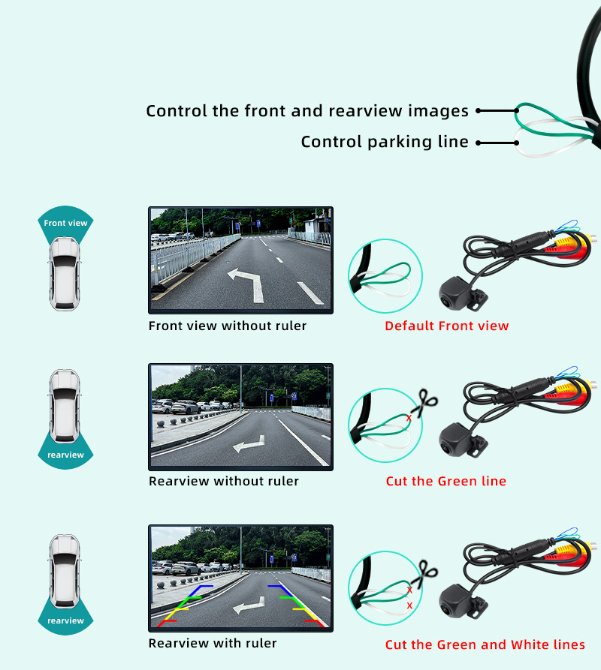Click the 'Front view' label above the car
click(65, 223)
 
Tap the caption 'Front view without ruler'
click(228, 326)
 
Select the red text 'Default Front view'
click(446, 326)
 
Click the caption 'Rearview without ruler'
click(224, 481)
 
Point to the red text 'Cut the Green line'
click(445, 481)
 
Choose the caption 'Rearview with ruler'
click(213, 643)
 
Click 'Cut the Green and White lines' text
click(485, 644)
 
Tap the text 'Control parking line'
click(385, 142)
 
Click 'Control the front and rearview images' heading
click(307, 111)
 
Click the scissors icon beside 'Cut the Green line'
click(426, 402)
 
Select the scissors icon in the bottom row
click(426, 574)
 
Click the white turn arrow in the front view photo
click(247, 284)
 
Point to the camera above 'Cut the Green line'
click(463, 440)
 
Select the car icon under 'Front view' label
click(65, 273)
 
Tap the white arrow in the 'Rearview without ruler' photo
click(249, 444)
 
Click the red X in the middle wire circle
click(409, 418)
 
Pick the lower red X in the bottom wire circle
click(409, 605)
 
